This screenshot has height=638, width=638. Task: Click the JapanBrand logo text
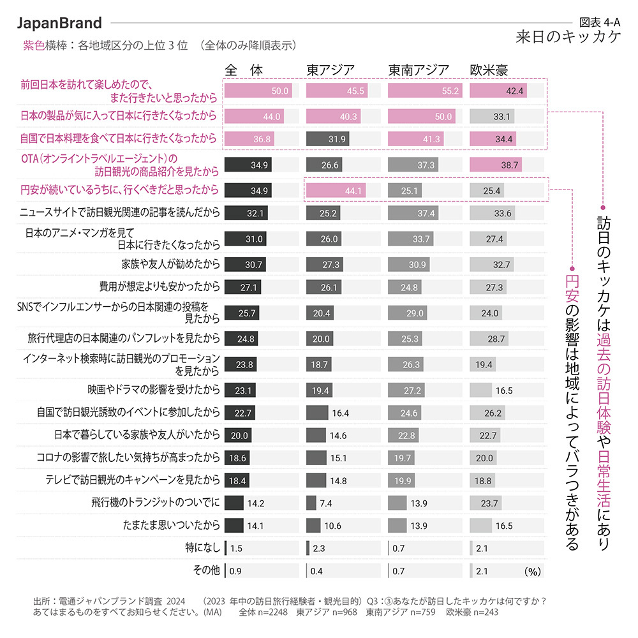point(59,24)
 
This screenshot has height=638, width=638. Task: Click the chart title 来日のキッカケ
point(568,37)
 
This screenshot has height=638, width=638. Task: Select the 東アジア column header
point(330,70)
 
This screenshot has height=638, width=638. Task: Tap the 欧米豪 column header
point(489,70)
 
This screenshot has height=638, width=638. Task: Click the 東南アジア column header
point(419,70)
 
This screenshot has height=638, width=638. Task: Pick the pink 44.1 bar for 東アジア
point(336,189)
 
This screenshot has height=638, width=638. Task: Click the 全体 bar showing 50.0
point(258,91)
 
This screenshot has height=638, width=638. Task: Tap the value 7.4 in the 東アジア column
point(326,503)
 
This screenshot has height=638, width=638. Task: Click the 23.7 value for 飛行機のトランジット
point(490,503)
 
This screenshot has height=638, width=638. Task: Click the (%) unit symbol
point(533,571)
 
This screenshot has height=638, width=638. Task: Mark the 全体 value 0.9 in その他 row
point(235,571)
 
